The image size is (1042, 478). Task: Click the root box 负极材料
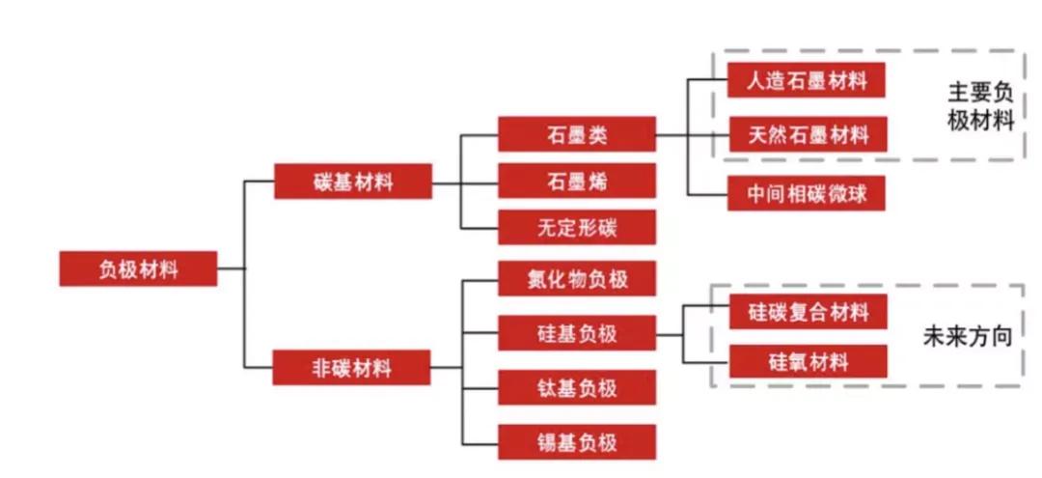click(x=138, y=268)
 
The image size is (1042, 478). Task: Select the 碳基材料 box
click(x=352, y=182)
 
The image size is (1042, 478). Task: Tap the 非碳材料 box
click(x=351, y=367)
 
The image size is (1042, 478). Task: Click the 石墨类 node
click(x=577, y=134)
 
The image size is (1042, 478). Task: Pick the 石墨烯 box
click(x=577, y=181)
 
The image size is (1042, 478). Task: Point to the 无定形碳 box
click(x=577, y=228)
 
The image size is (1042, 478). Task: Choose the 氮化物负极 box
click(x=577, y=279)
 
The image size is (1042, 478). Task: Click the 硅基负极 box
click(x=577, y=334)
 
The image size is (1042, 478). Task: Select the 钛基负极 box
click(x=577, y=388)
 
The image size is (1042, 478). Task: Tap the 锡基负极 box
click(x=577, y=442)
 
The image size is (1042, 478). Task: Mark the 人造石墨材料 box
click(x=807, y=80)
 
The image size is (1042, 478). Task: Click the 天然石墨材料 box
click(x=807, y=135)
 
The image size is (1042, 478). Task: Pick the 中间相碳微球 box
click(x=807, y=194)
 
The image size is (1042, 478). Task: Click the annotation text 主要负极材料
click(x=979, y=106)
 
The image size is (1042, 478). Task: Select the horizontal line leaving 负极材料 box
click(x=231, y=268)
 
